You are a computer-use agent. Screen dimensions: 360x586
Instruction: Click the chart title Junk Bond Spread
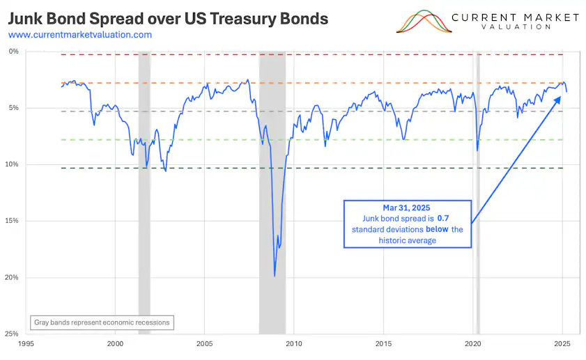tap(168, 18)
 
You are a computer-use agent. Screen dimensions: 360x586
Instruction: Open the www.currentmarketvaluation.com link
tap(80, 34)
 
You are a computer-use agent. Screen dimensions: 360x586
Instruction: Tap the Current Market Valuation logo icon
tap(422, 22)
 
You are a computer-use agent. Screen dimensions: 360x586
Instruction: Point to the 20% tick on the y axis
tap(14, 277)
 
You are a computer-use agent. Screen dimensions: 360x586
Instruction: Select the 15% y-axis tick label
tap(14, 221)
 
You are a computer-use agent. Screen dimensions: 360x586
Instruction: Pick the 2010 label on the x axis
tap(294, 343)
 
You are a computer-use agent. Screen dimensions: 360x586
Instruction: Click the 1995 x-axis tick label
tap(26, 343)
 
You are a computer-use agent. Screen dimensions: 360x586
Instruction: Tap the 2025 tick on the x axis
tap(562, 343)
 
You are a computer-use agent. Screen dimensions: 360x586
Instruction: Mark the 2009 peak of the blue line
tap(275, 276)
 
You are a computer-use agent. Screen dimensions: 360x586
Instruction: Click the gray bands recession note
tap(102, 322)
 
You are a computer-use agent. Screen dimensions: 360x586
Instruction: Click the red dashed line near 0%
tap(348, 54)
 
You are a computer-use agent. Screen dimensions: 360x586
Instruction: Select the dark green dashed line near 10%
tap(348, 168)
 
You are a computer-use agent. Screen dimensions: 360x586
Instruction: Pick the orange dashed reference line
tap(348, 83)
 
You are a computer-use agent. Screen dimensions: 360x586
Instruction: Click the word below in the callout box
tap(438, 230)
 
